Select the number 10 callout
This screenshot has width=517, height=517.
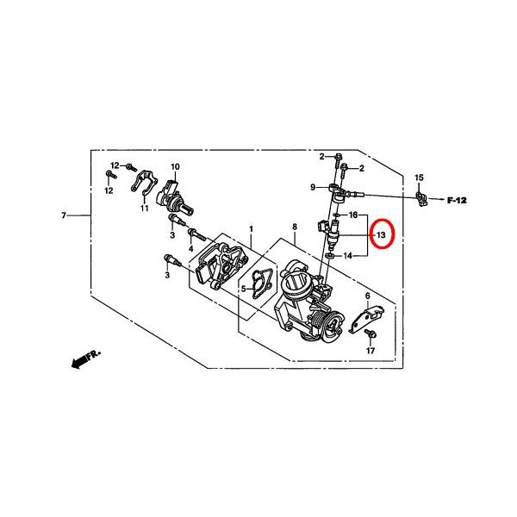coord(174,166)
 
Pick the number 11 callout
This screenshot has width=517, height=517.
coord(144,208)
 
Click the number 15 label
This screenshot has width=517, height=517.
coord(419,178)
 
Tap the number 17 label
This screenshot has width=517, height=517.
coord(371,351)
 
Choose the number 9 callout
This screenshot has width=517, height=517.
coord(313,187)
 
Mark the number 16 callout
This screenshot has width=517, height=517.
coord(352,215)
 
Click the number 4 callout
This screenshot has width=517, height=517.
coord(190,248)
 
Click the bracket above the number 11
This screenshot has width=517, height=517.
coord(145,180)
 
